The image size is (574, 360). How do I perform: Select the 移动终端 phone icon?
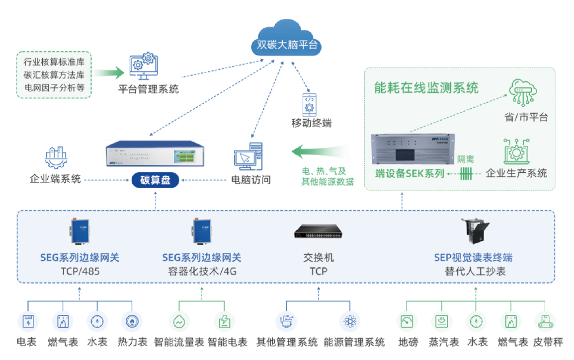click(309, 105)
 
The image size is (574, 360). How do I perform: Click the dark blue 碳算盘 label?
click(155, 180)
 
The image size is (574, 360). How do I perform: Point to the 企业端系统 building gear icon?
click(55, 158)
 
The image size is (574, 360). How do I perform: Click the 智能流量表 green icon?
click(179, 321)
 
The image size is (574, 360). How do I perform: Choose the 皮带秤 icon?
click(545, 321)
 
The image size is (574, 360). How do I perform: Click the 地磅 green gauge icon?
click(407, 321)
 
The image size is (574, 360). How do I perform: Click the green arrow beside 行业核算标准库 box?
click(110, 73)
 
